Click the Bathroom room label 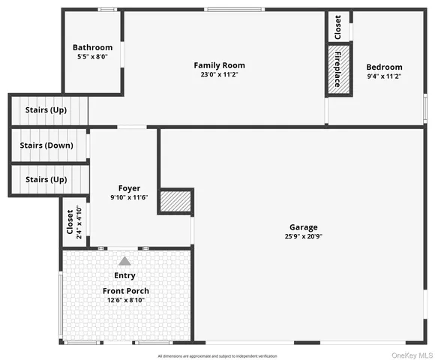[x=93, y=47]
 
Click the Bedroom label [x=384, y=67]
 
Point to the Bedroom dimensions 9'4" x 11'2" [x=384, y=76]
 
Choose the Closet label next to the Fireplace [x=337, y=27]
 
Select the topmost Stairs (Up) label [x=46, y=110]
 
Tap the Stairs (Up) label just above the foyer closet [x=46, y=180]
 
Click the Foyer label [x=129, y=187]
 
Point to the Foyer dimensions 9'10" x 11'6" [x=129, y=197]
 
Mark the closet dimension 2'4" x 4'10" [x=79, y=221]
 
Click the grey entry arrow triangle [x=124, y=261]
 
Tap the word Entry [x=124, y=276]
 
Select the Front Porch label [x=125, y=291]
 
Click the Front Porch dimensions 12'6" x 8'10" [x=125, y=301]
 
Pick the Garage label [x=304, y=226]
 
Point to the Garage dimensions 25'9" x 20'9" [x=304, y=236]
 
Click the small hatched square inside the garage [x=176, y=201]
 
